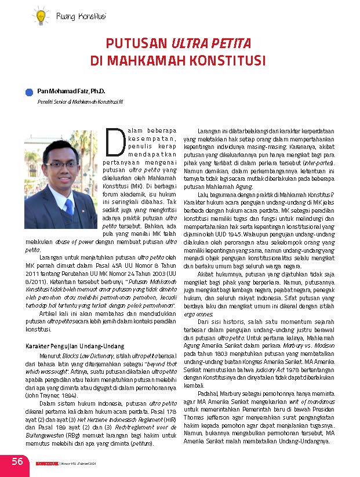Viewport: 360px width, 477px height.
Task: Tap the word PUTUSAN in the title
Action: click(136, 44)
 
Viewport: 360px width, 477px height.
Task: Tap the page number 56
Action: click(17, 461)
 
